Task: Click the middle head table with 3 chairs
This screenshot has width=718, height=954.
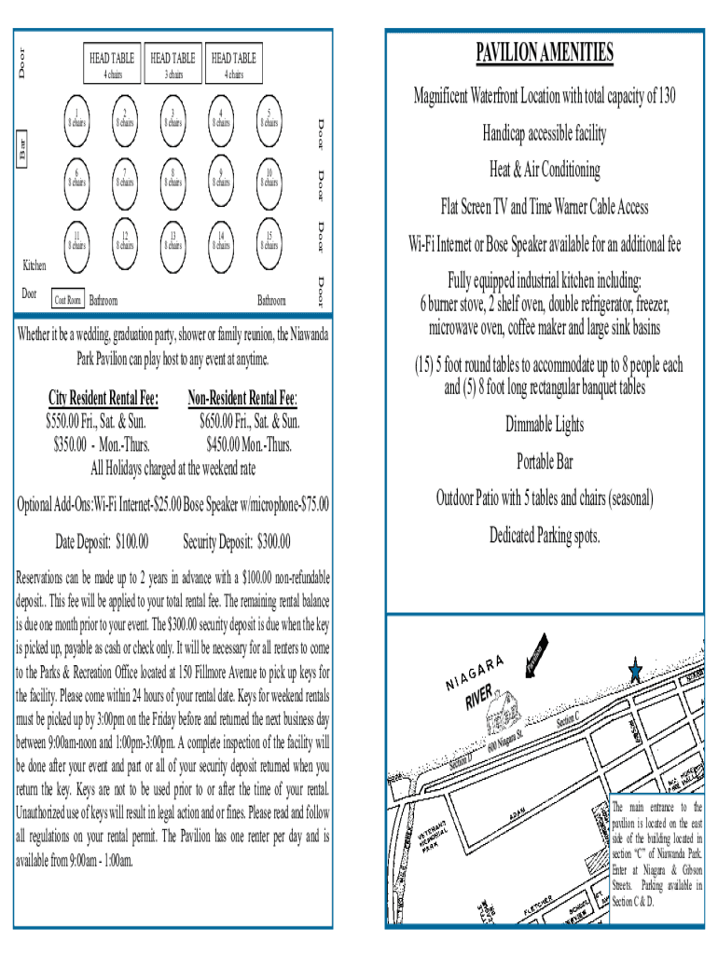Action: [173, 64]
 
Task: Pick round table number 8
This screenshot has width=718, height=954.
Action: [173, 180]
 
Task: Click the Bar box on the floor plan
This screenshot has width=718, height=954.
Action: [23, 147]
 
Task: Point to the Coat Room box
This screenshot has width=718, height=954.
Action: [68, 300]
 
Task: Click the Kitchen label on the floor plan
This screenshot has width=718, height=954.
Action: [34, 266]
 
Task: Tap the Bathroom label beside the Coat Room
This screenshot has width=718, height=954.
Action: [103, 301]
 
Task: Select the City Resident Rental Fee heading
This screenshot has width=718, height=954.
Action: [103, 399]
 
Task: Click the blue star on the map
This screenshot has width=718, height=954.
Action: [636, 671]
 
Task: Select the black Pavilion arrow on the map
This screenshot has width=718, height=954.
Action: [537, 661]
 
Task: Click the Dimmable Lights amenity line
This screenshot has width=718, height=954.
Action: [545, 425]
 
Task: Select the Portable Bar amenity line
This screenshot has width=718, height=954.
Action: [545, 462]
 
